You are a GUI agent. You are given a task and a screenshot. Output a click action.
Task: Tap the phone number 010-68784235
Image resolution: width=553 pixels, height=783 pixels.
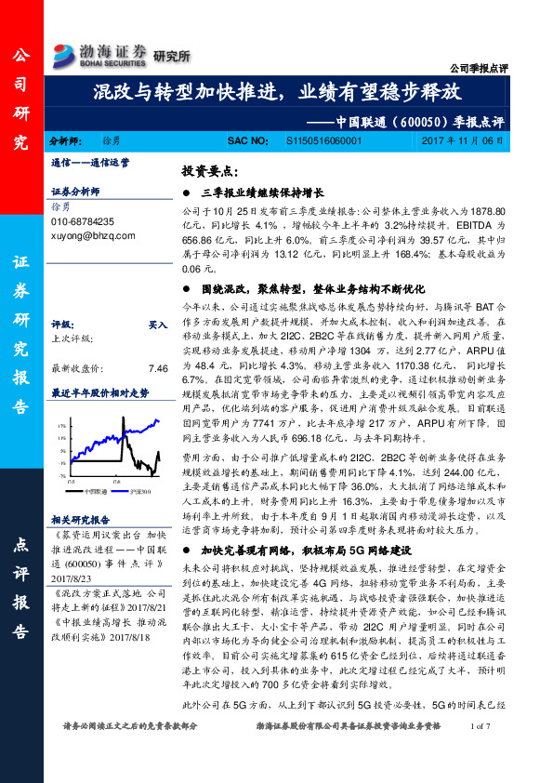click(83, 222)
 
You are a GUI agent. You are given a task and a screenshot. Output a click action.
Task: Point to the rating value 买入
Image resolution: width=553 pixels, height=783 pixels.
click(158, 325)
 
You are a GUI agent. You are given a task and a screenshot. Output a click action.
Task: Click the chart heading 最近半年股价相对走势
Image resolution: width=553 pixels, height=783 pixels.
click(99, 392)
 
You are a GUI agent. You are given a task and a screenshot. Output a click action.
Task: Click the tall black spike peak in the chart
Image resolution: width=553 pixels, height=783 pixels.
click(124, 423)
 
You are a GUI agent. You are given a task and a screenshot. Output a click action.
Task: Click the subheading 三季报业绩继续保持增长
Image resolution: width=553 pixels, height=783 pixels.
click(262, 193)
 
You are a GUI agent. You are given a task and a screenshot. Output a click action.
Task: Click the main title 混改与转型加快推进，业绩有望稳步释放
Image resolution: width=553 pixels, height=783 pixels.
click(276, 93)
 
